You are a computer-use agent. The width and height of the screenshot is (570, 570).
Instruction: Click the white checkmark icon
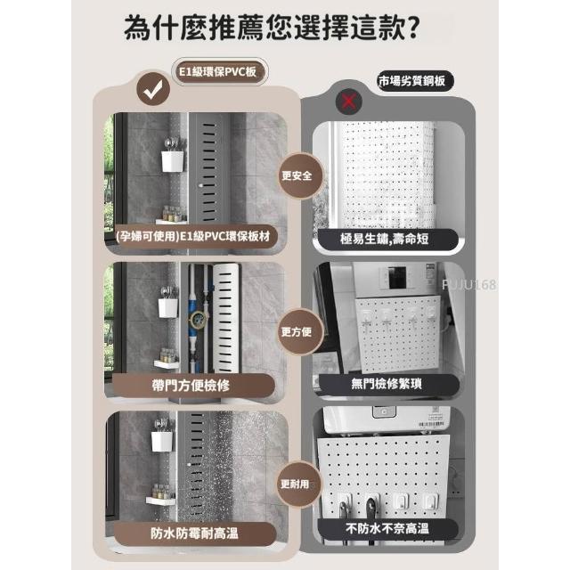[153, 89]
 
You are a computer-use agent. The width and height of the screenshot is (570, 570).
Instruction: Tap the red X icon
[348, 102]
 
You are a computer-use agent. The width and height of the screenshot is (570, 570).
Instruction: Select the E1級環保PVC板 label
[217, 72]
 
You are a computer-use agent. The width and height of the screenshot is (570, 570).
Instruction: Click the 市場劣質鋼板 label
[412, 81]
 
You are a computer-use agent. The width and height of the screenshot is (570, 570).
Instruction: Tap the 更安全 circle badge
[297, 176]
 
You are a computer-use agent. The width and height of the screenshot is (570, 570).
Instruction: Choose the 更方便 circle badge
[297, 331]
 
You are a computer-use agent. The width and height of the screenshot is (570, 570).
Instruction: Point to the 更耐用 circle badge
[296, 484]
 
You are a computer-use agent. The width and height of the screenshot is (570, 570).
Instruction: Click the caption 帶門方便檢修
[191, 386]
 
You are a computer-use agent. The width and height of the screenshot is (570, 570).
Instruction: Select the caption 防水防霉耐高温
[194, 533]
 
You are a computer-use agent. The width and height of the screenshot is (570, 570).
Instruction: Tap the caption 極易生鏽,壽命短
[385, 239]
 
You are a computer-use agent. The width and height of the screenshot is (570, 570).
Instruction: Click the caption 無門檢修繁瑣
[387, 384]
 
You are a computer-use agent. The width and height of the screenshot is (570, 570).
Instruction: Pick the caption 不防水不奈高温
[387, 528]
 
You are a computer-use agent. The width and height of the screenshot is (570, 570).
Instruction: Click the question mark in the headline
[412, 28]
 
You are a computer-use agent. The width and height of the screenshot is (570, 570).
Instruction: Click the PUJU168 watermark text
[469, 284]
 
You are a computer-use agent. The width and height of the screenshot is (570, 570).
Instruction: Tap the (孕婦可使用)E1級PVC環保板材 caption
[193, 236]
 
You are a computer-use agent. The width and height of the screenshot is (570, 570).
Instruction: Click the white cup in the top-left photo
[172, 161]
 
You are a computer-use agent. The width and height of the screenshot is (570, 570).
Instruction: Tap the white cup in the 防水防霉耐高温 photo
[162, 442]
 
